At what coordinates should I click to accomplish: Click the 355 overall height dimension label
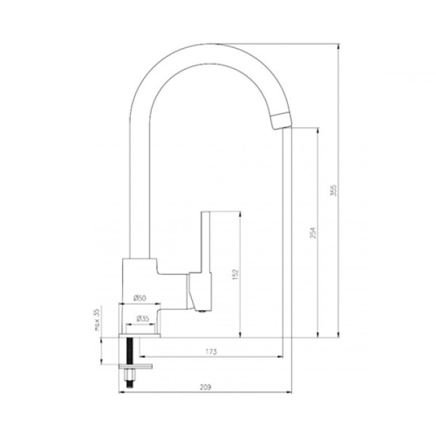click(x=334, y=190)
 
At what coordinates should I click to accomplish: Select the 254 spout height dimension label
click(x=313, y=233)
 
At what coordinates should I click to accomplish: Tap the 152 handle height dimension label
click(x=235, y=274)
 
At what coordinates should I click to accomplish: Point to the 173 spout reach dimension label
click(x=211, y=352)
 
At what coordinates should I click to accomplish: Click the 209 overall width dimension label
click(x=206, y=387)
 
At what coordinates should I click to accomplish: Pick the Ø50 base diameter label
click(x=140, y=299)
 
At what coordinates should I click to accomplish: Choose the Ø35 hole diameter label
click(x=142, y=319)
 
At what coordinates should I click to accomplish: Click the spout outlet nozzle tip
click(x=281, y=121)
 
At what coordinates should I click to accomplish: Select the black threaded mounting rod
click(x=129, y=351)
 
